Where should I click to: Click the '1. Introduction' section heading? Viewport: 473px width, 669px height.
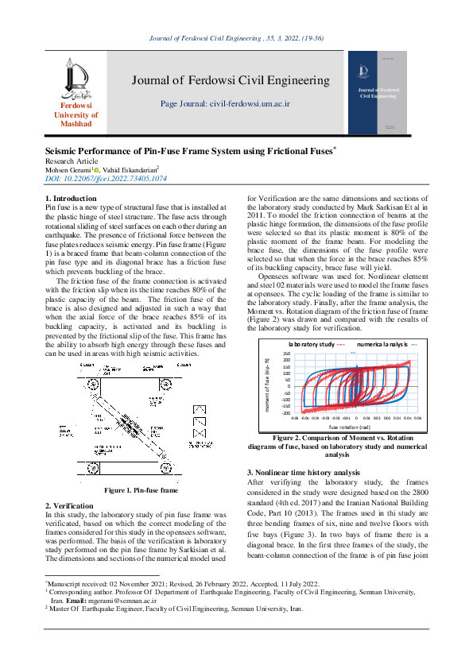coord(71,198)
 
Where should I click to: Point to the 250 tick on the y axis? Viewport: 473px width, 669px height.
coord(287,354)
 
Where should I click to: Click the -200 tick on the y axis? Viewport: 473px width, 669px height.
coord(286,412)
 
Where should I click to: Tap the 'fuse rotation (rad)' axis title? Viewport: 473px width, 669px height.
coord(351,427)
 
